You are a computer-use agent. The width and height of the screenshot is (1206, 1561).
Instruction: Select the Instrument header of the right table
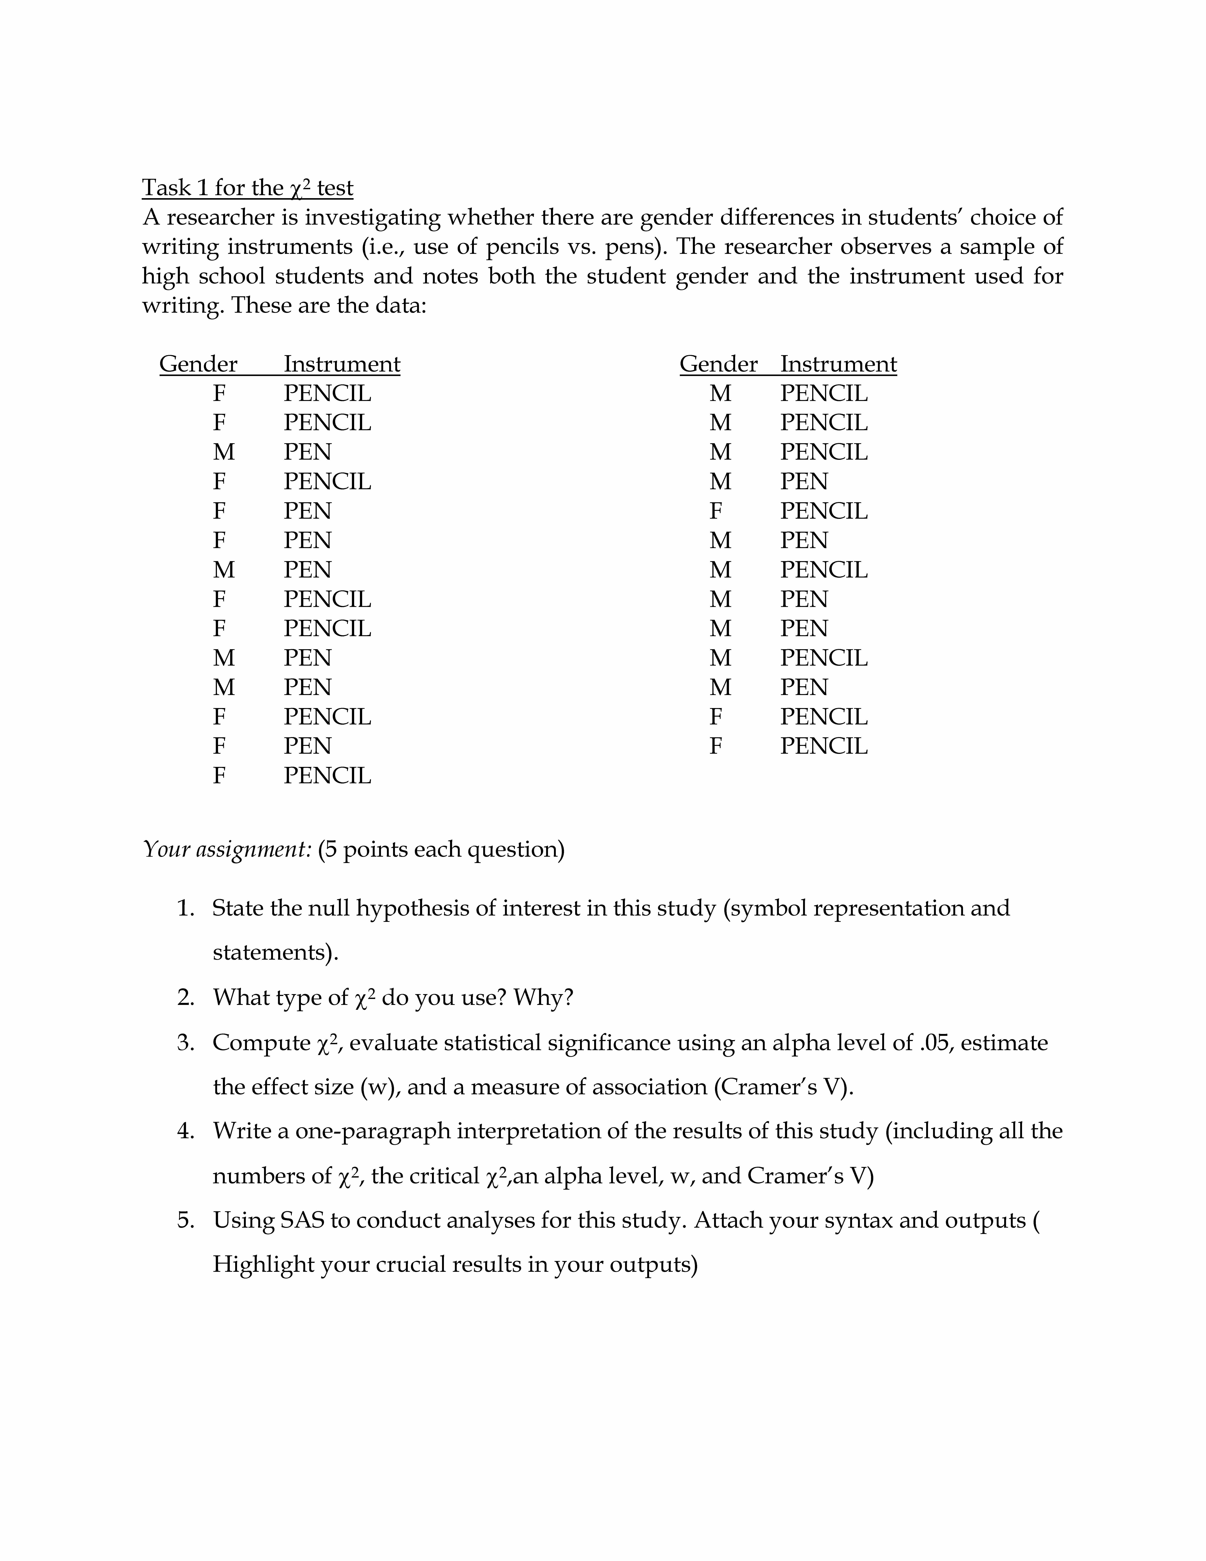[x=838, y=364]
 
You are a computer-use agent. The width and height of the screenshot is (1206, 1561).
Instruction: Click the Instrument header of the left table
[x=341, y=364]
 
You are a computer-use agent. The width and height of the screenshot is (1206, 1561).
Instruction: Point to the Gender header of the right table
[x=718, y=364]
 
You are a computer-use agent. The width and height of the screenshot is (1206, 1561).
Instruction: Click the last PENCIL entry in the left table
[x=327, y=775]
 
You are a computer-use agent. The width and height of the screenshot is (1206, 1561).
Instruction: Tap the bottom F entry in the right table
[x=716, y=746]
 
